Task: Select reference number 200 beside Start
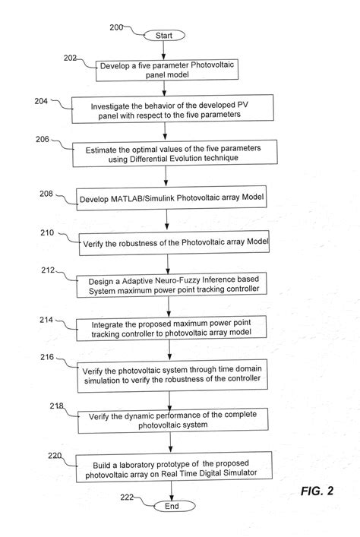coord(116,28)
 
